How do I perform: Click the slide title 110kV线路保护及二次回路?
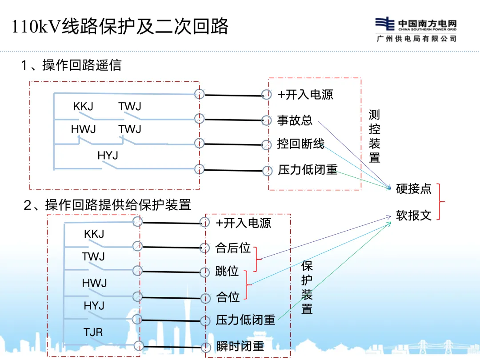coord(120,26)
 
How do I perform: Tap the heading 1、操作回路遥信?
coord(71,65)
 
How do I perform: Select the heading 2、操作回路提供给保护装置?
coord(107,204)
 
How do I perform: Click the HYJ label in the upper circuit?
coord(108,156)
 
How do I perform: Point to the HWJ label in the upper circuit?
coord(83,129)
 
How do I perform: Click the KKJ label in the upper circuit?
coord(83,107)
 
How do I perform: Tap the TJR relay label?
coord(93,332)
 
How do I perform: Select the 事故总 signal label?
coord(295,120)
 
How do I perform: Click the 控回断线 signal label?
coord(300,144)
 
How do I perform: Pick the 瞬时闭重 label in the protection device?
coord(240,347)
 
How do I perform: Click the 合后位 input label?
coord(233,248)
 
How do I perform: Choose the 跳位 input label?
coord(227,271)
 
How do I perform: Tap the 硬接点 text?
coord(413,188)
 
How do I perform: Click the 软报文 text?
coord(413,216)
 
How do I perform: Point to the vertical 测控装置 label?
coord(374,136)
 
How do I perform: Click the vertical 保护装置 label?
coord(307,287)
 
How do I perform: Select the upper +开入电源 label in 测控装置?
coord(305,94)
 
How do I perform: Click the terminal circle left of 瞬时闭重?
coord(205,347)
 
